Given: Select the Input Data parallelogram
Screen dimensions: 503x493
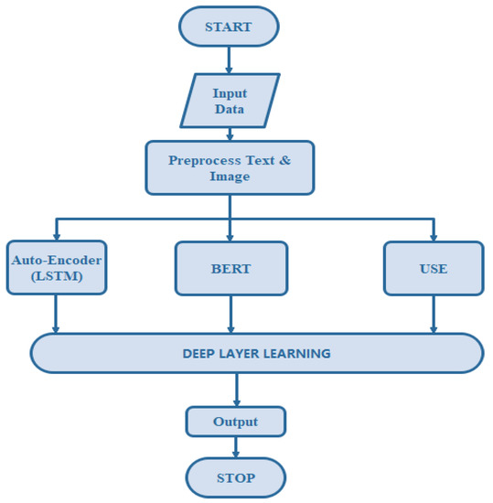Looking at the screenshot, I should click(x=230, y=101).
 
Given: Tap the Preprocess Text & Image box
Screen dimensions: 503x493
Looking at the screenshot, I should click(x=230, y=167).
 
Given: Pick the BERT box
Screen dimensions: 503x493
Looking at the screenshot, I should click(x=231, y=268).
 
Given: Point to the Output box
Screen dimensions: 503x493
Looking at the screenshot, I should click(x=236, y=422).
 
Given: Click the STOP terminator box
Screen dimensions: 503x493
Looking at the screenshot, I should click(x=236, y=477).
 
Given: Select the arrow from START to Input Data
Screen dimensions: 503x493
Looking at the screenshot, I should click(x=230, y=60).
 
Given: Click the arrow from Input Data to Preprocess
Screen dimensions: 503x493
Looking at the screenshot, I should click(x=230, y=134).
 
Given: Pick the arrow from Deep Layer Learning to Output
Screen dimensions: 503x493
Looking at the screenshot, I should click(x=236, y=390).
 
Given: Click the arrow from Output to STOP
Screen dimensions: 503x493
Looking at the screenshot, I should click(x=236, y=447).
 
